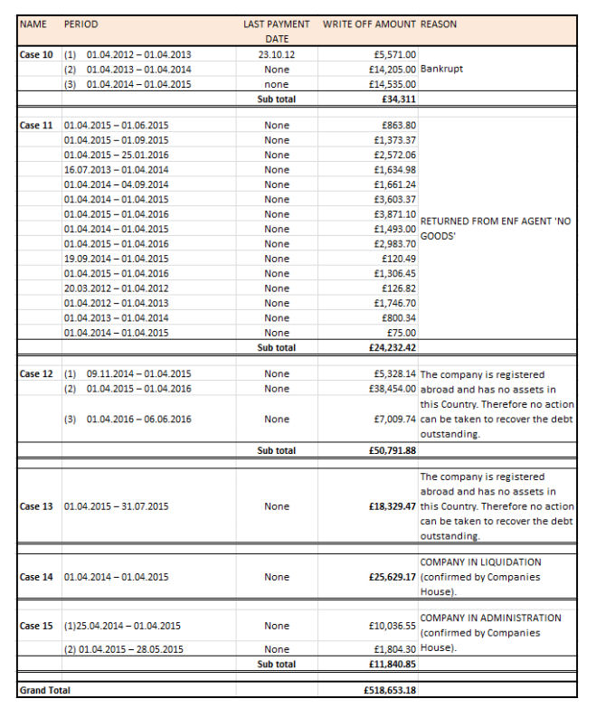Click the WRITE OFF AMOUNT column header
click(x=369, y=24)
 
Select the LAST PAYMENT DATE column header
click(x=276, y=31)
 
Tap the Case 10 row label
click(x=36, y=54)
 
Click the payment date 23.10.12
click(x=277, y=54)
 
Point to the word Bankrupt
click(x=442, y=69)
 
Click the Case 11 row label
click(x=36, y=125)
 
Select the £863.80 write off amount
click(x=399, y=125)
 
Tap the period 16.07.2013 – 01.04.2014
click(x=116, y=169)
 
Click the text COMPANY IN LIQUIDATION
click(x=480, y=562)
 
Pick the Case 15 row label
click(x=36, y=626)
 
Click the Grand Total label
click(x=44, y=690)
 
